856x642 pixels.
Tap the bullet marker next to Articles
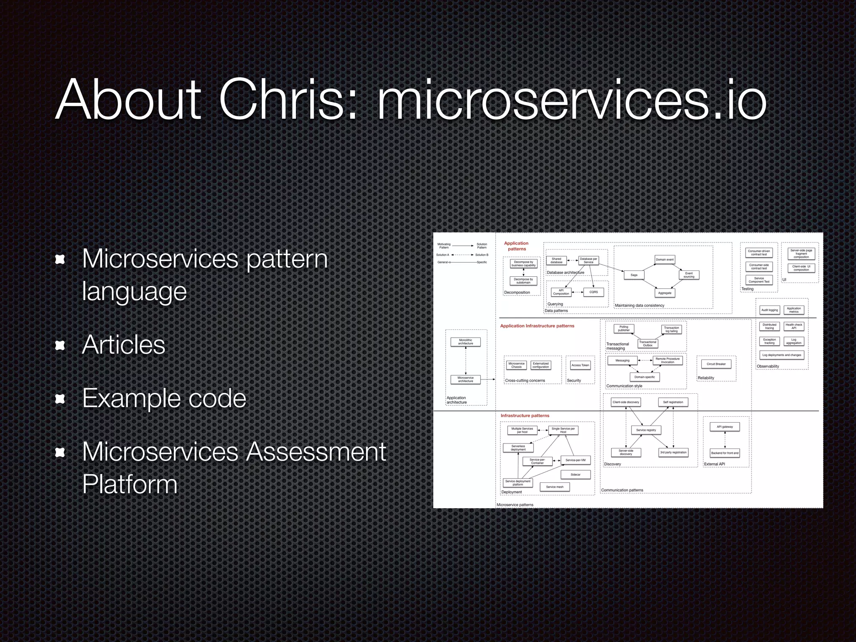(x=61, y=345)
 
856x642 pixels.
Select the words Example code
(x=164, y=398)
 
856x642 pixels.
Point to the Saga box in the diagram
(x=634, y=275)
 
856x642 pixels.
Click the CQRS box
(x=594, y=292)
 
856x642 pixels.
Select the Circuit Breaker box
(x=716, y=364)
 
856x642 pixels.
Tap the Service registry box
(x=646, y=430)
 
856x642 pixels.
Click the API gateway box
(x=725, y=427)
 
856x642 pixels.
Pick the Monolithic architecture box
(x=465, y=342)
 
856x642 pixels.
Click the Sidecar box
(x=576, y=475)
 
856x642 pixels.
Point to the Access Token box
(x=580, y=365)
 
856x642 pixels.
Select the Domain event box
(x=665, y=260)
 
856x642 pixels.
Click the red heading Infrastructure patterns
(x=525, y=416)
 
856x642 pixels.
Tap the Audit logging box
(x=769, y=310)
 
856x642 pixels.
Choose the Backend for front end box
(x=725, y=453)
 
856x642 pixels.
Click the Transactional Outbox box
(x=647, y=344)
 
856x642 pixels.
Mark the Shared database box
(x=556, y=260)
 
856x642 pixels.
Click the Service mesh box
(x=555, y=487)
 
